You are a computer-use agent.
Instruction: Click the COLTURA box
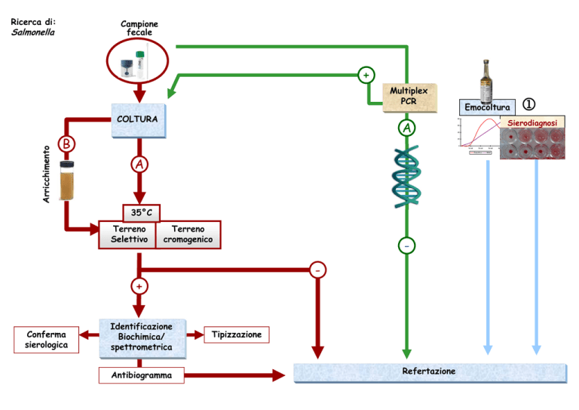point(139,121)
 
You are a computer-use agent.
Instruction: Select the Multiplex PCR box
point(409,97)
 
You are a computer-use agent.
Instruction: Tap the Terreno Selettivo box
point(127,234)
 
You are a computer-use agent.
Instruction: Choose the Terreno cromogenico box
point(188,234)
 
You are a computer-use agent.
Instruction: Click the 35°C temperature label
point(142,213)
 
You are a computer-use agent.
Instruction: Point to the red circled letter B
point(66,143)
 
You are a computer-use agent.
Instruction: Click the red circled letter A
point(139,165)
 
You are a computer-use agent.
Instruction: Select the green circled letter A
point(407,128)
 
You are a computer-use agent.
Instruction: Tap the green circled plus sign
point(366,75)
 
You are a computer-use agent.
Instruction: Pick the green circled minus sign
point(406,246)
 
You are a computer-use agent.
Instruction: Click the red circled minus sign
point(317,270)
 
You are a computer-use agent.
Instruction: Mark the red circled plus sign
point(139,286)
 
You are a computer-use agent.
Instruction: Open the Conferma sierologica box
point(47,340)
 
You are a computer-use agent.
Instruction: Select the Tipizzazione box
point(237,334)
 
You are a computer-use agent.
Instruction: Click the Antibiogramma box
point(142,375)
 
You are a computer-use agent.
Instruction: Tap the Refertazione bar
point(430,373)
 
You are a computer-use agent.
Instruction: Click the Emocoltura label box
point(487,107)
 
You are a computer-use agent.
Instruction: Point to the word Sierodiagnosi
point(532,123)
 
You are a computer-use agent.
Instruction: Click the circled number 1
point(528,104)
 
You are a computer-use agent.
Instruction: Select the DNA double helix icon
point(406,177)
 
